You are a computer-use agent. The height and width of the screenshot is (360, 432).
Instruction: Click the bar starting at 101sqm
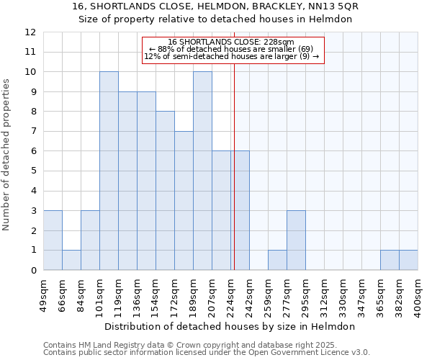(x=109, y=171)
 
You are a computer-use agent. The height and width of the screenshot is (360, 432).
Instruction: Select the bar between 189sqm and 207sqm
(x=202, y=171)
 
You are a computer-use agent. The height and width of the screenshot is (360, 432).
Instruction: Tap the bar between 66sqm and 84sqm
(x=71, y=260)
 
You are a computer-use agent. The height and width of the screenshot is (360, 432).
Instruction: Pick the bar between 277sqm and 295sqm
(x=296, y=240)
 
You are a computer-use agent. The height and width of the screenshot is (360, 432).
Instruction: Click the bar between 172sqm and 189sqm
(x=184, y=200)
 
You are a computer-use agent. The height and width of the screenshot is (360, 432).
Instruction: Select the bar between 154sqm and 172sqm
(x=165, y=191)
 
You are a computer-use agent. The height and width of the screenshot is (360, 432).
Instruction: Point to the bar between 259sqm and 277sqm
(x=277, y=260)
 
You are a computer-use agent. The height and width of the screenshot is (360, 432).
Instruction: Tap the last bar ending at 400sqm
(x=408, y=260)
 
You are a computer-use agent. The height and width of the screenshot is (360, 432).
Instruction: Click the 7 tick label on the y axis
(x=32, y=132)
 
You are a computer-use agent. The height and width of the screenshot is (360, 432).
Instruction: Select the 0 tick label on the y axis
(x=32, y=271)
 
